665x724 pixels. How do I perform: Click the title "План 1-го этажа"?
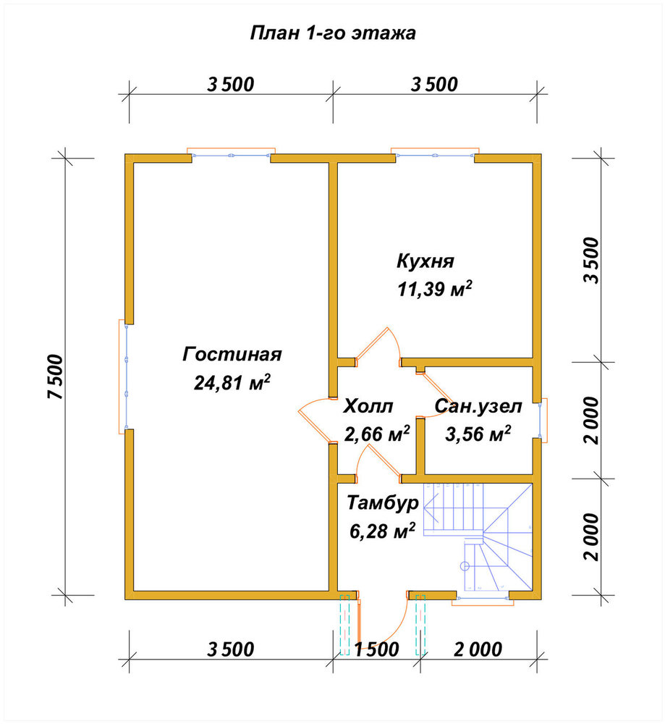[x=333, y=33]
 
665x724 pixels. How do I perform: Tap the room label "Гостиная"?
[x=232, y=354]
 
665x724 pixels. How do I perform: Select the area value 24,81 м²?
[x=232, y=382]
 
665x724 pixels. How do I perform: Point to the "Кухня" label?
[x=425, y=261]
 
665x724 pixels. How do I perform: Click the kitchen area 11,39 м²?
[x=435, y=289]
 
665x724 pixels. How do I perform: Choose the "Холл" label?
[x=368, y=406]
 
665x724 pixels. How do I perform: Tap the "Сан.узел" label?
[x=478, y=406]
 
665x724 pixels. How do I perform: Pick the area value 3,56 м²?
[x=478, y=434]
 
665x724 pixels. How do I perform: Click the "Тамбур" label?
[x=383, y=503]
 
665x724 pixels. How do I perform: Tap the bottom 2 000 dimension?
[x=478, y=649]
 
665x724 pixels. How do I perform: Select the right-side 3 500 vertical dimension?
[x=591, y=260]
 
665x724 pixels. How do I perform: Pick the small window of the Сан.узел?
[x=542, y=420]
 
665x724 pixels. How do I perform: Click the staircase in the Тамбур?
[x=478, y=537]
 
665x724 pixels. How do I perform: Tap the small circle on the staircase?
[x=465, y=566]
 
